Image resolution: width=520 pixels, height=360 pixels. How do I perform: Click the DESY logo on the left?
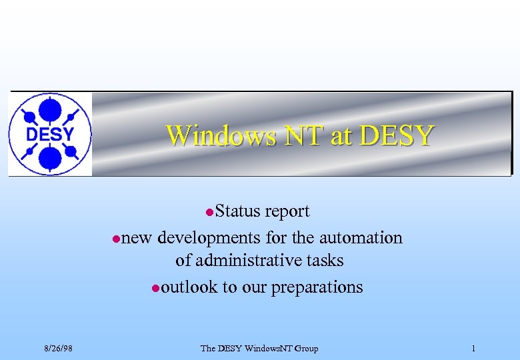pyautogui.click(x=49, y=134)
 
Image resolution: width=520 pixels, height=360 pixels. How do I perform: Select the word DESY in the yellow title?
pyautogui.click(x=396, y=135)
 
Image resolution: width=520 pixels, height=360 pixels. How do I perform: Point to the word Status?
pyautogui.click(x=239, y=211)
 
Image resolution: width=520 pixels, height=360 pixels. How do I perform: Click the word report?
pyautogui.click(x=287, y=212)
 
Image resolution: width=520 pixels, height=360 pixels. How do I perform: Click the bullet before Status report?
pyautogui.click(x=209, y=213)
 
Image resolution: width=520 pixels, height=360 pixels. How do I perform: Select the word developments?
pyautogui.click(x=209, y=238)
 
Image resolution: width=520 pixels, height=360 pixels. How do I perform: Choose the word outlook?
pyautogui.click(x=189, y=287)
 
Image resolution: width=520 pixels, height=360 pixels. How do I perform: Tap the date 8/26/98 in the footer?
pyautogui.click(x=59, y=349)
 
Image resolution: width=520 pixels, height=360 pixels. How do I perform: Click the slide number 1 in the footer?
pyautogui.click(x=473, y=349)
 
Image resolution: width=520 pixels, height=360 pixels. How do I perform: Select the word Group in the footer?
pyautogui.click(x=305, y=349)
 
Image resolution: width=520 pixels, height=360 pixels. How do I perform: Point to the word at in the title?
pyautogui.click(x=340, y=135)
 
